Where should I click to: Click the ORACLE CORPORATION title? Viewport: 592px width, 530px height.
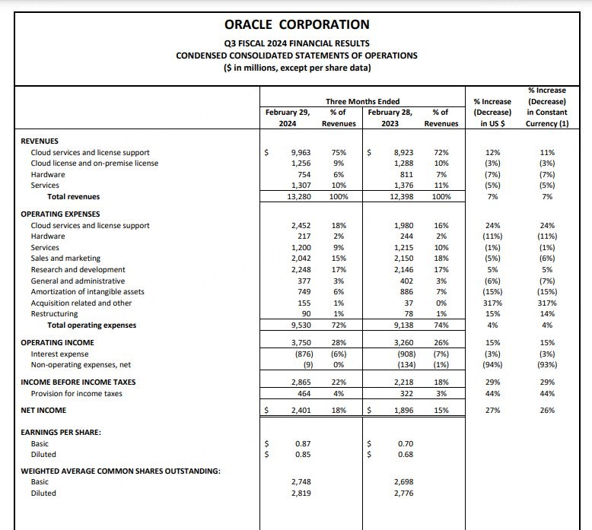pyautogui.click(x=297, y=25)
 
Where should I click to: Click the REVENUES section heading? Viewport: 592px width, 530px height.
pyautogui.click(x=40, y=141)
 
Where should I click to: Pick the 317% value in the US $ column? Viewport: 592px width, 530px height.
pyautogui.click(x=492, y=303)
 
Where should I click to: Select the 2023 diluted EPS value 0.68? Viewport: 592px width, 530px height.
pyautogui.click(x=405, y=455)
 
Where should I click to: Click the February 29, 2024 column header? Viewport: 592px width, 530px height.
pyautogui.click(x=288, y=118)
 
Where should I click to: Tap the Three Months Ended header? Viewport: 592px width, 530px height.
pyautogui.click(x=362, y=101)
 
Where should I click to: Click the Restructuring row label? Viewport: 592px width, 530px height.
pyautogui.click(x=54, y=314)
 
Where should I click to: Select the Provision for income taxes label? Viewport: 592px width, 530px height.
pyautogui.click(x=76, y=393)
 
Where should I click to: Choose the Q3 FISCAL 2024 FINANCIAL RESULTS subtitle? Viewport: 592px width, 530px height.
pyautogui.click(x=297, y=43)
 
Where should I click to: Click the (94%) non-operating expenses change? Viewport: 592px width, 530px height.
pyautogui.click(x=492, y=365)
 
